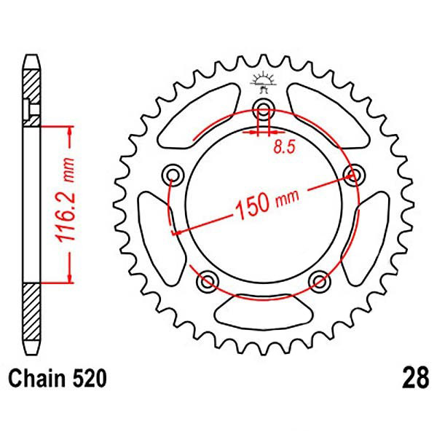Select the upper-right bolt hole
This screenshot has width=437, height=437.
(355, 174)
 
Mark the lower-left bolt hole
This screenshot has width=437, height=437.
(208, 281)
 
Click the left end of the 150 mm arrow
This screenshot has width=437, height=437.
(175, 232)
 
